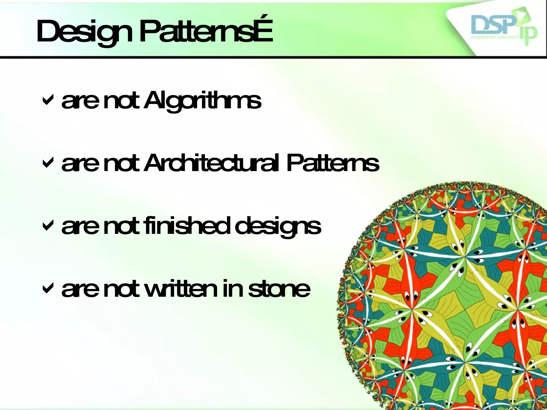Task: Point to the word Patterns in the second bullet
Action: [333, 163]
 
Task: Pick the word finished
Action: [187, 226]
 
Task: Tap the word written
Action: [182, 289]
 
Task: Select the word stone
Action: [279, 289]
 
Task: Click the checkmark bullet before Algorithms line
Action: [48, 100]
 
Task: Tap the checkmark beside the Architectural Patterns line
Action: [48, 163]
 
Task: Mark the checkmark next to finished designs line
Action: [48, 226]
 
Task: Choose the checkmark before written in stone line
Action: [48, 288]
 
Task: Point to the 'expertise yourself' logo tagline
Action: [494, 38]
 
